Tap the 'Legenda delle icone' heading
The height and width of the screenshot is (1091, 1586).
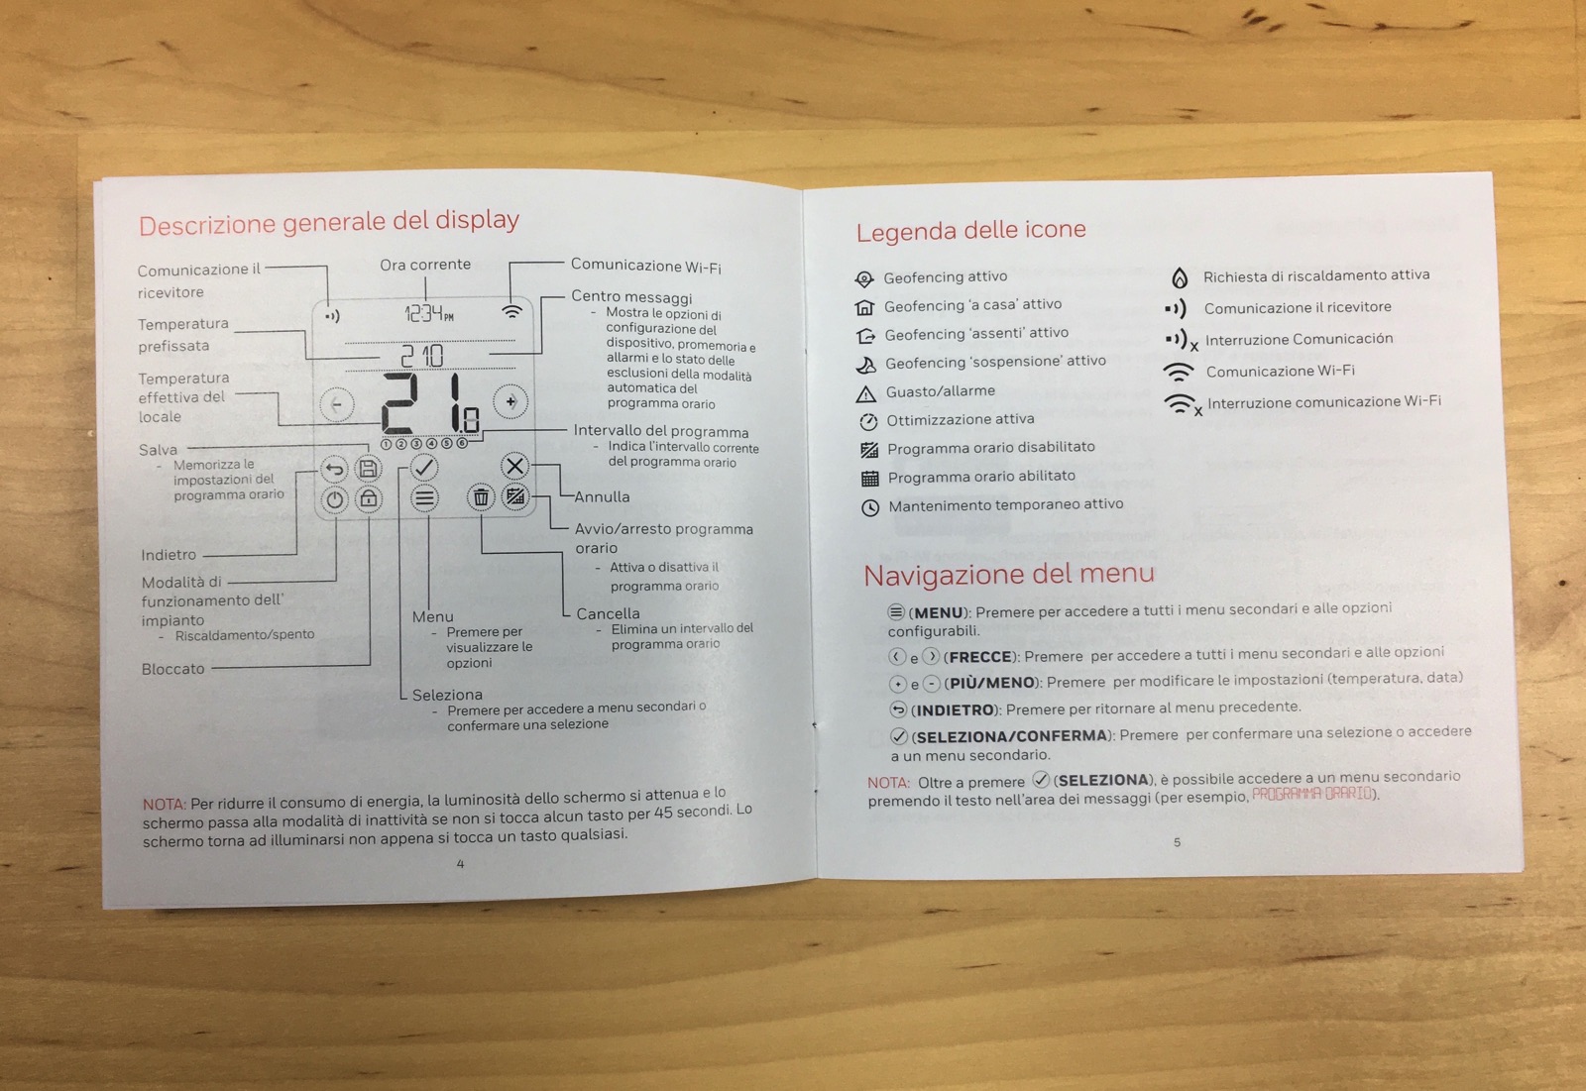point(970,231)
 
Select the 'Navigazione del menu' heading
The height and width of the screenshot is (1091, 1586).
point(1008,575)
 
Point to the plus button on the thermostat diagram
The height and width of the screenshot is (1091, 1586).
point(510,401)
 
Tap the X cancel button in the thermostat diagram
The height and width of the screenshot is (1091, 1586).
point(514,466)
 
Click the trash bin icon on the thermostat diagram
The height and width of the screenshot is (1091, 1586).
point(481,497)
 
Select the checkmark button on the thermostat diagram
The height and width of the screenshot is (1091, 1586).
point(424,466)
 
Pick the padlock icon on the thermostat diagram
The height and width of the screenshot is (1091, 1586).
point(369,498)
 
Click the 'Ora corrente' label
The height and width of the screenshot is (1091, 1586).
point(425,265)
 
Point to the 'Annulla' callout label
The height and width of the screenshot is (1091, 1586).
point(602,496)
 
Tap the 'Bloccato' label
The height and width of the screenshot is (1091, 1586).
point(172,669)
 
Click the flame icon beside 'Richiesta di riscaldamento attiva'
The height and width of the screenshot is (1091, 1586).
point(1180,277)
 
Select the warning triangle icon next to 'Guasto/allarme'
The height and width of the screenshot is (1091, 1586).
point(865,393)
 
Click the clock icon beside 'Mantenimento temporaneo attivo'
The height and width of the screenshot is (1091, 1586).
point(870,508)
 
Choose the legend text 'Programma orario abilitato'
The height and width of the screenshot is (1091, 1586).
point(981,477)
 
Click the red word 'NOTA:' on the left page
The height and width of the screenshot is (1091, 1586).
point(164,804)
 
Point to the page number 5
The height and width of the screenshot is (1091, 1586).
point(1177,842)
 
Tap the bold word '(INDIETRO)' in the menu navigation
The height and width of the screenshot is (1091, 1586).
point(953,709)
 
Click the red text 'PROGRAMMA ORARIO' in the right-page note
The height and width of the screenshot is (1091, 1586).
point(1311,794)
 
